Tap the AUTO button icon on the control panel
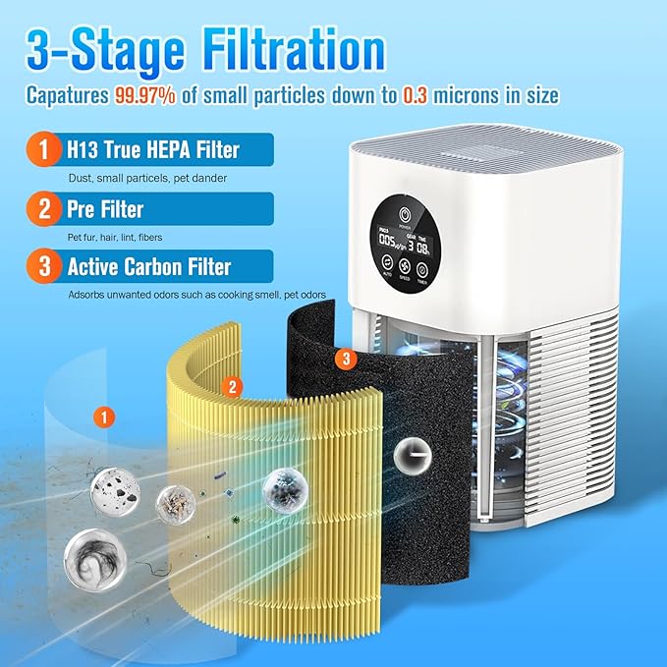pyautogui.click(x=387, y=265)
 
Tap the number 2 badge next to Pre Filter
pyautogui.click(x=40, y=208)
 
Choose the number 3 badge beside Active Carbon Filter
pyautogui.click(x=40, y=266)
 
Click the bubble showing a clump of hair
pyautogui.click(x=87, y=550)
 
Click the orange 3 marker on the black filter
pyautogui.click(x=342, y=361)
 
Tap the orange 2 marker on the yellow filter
pyautogui.click(x=232, y=387)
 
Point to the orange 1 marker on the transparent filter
pyautogui.click(x=101, y=417)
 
